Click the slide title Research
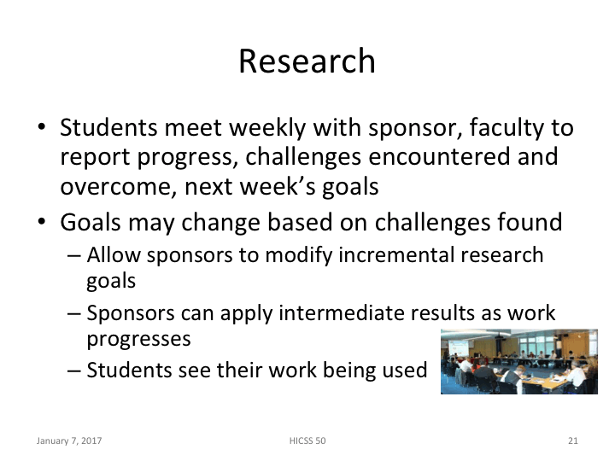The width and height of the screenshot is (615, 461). (307, 61)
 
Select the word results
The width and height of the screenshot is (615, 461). (442, 313)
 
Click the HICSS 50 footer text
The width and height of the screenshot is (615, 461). (307, 441)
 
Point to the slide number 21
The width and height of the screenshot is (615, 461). (572, 441)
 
